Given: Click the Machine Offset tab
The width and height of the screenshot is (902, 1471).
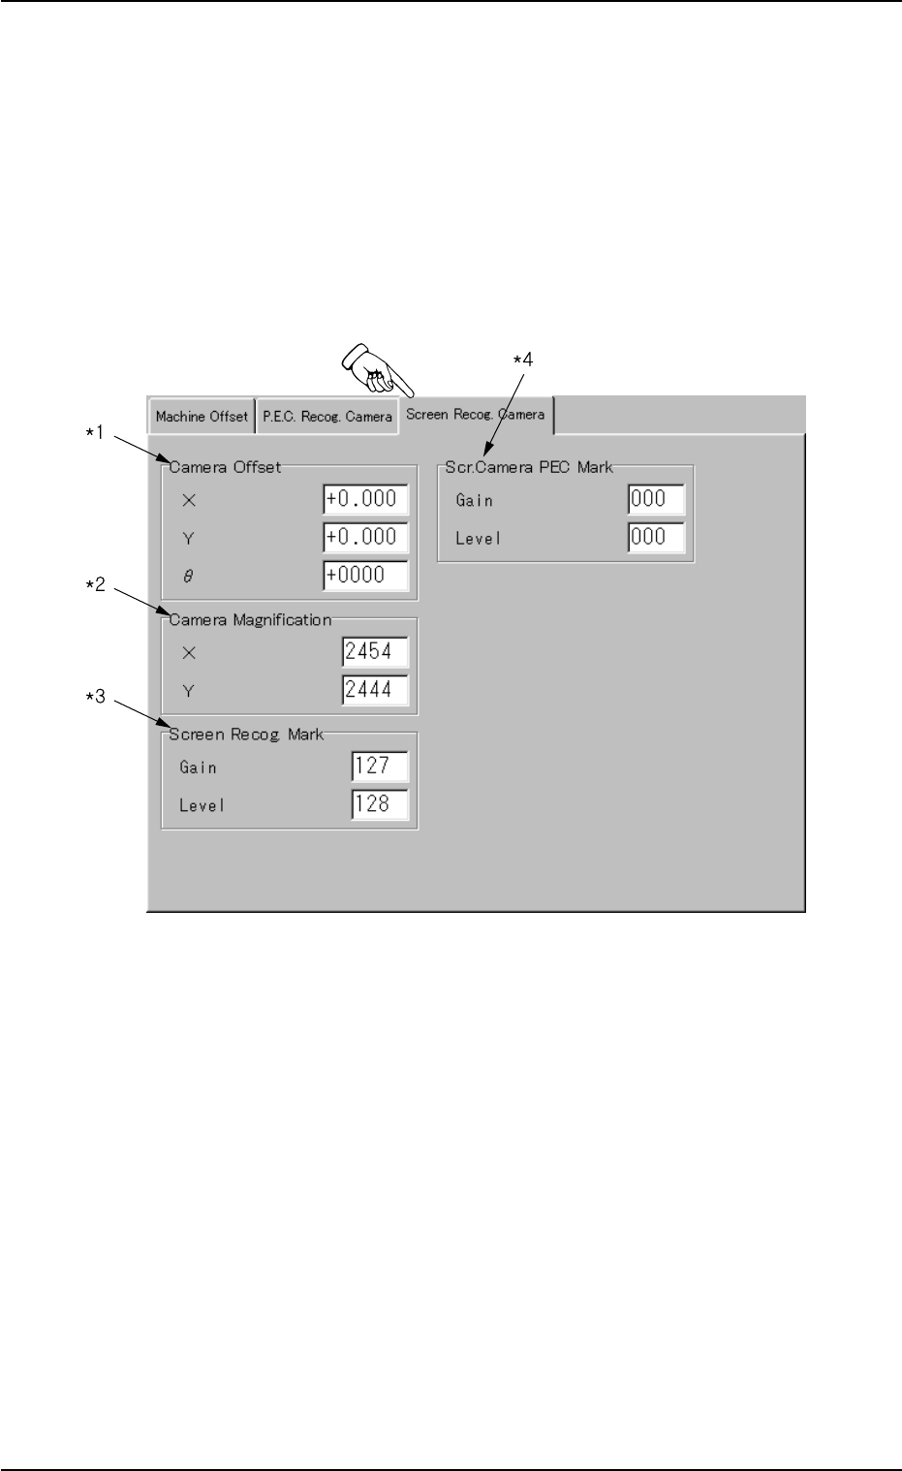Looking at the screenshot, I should [x=202, y=417].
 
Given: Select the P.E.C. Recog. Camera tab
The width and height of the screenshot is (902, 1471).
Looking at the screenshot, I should [x=327, y=417].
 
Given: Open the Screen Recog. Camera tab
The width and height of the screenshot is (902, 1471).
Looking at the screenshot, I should [x=475, y=414].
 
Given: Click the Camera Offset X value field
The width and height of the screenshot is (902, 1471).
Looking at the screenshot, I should [x=365, y=499].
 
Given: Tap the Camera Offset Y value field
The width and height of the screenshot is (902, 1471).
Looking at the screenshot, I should [x=365, y=537].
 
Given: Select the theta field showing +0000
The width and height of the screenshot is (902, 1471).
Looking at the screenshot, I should [x=365, y=575].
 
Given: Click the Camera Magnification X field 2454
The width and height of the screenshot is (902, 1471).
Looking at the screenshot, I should [x=375, y=652].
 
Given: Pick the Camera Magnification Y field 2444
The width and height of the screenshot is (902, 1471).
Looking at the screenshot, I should [x=375, y=690].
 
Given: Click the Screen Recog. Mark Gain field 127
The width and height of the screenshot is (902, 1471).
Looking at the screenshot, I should [x=380, y=767].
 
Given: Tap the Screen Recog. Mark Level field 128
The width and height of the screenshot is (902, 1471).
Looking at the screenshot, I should [x=380, y=804].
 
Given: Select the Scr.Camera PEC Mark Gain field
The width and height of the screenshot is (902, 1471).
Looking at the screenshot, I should [x=656, y=499].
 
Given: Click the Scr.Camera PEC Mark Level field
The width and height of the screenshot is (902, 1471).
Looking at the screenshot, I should [x=656, y=537].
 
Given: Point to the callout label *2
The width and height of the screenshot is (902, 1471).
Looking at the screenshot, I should [x=96, y=586].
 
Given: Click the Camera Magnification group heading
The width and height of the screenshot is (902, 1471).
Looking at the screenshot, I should [x=250, y=620].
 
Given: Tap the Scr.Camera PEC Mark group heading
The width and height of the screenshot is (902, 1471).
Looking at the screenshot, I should [x=529, y=467].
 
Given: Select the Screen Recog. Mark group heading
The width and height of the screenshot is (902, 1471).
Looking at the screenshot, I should [x=246, y=735].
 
